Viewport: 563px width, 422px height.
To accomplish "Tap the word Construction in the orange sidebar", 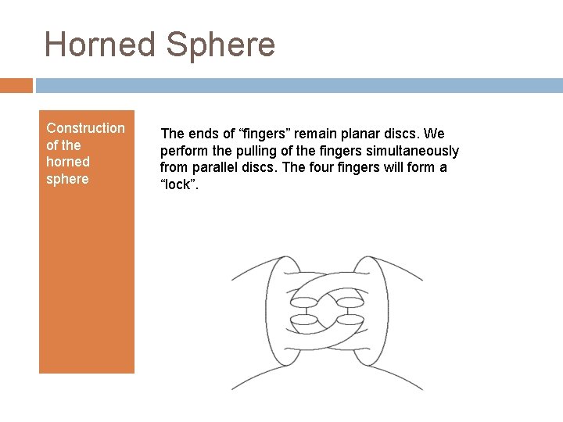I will (85, 127).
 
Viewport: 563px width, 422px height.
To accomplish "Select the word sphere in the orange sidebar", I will (68, 179).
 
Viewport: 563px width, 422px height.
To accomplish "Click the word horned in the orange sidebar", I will (68, 162).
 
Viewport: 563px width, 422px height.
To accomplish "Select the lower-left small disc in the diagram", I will (303, 321).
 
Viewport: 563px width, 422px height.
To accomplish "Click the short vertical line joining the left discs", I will (303, 311).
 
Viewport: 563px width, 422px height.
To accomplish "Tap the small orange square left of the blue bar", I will (16, 85).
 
